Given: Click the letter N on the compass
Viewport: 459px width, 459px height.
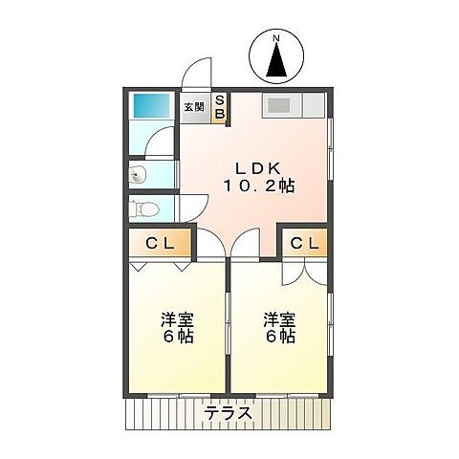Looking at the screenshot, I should [x=276, y=38].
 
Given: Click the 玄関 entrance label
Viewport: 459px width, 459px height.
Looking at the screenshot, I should [x=194, y=107].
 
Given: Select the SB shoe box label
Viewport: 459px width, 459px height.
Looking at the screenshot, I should [x=219, y=106].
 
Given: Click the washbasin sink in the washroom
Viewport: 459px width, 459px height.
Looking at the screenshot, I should [x=138, y=175].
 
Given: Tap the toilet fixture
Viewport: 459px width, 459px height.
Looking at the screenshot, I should [x=142, y=208].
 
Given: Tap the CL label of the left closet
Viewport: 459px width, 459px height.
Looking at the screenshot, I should [x=160, y=243].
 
